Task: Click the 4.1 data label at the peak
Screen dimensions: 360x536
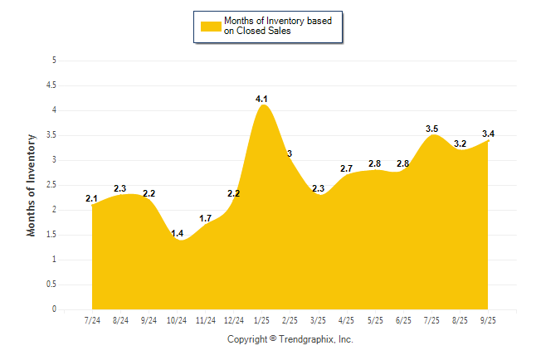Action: [x=261, y=100]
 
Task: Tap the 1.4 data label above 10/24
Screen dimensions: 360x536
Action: [x=178, y=234]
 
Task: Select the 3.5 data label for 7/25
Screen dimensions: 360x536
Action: [x=431, y=129]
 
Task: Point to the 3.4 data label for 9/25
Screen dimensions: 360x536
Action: [x=488, y=134]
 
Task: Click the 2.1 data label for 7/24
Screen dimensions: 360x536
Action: [x=91, y=198]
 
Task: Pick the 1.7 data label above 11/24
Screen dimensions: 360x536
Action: [x=206, y=219]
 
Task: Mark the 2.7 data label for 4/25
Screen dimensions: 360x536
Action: [x=347, y=168]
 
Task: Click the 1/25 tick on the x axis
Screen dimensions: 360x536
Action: [x=261, y=320]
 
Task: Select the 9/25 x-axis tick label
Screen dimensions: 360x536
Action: [x=488, y=320]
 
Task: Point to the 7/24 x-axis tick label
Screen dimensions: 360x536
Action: [x=92, y=320]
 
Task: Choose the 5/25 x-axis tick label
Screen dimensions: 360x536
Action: [x=375, y=320]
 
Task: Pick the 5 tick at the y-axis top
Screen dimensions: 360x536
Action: [x=54, y=60]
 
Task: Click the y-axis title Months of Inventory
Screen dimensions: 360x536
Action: [x=32, y=185]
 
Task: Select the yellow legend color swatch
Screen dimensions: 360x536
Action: [x=211, y=26]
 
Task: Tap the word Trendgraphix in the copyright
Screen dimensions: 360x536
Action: [x=306, y=339]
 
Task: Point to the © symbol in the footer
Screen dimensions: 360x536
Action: [x=273, y=339]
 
